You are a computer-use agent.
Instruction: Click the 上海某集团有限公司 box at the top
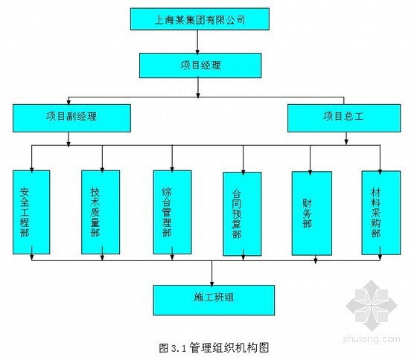200,19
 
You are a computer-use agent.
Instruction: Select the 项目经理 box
200,65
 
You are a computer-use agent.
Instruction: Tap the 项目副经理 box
71,118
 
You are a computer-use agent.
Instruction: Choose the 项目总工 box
344,118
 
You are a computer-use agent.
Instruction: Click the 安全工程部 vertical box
31,212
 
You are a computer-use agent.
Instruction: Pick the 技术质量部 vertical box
101,212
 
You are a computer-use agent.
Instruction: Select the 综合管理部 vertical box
172,212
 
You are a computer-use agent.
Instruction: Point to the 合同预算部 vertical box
242,214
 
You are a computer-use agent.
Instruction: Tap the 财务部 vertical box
312,213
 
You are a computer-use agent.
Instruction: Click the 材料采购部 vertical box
381,213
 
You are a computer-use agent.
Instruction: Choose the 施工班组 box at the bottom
214,300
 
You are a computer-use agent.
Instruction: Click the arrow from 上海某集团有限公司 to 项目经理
197,42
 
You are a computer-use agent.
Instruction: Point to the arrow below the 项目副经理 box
69,139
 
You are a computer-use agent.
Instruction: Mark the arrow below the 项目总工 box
346,138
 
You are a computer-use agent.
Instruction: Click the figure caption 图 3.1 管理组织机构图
214,348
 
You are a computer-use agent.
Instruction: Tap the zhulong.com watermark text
372,339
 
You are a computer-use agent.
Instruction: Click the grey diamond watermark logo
372,306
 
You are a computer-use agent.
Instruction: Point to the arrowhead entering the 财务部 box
310,173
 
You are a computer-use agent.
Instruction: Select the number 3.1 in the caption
178,348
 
